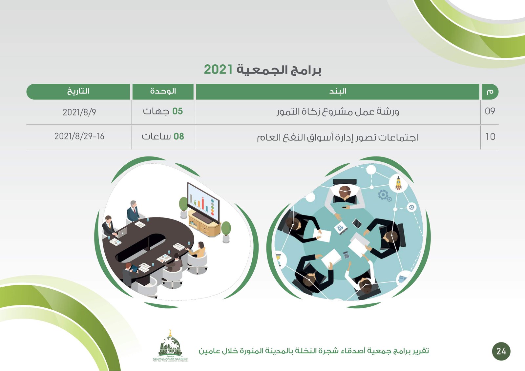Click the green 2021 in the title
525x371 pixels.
click(x=218, y=69)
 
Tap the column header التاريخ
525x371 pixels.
click(x=78, y=91)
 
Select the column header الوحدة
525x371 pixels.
click(x=163, y=91)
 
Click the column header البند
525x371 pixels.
click(x=338, y=91)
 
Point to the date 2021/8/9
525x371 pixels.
click(x=79, y=112)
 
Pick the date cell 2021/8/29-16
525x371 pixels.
click(x=79, y=136)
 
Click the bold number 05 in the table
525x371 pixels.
click(x=178, y=111)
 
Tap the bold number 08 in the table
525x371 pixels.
click(x=178, y=136)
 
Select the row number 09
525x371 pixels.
click(x=490, y=111)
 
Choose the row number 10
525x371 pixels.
click(x=491, y=136)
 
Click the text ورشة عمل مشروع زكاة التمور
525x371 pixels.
click(x=338, y=112)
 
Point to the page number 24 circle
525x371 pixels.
click(x=501, y=351)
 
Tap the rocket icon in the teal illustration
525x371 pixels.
click(x=398, y=183)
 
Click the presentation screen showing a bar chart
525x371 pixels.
click(x=203, y=203)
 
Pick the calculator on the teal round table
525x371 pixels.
click(x=346, y=255)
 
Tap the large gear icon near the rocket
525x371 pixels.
click(x=383, y=195)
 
